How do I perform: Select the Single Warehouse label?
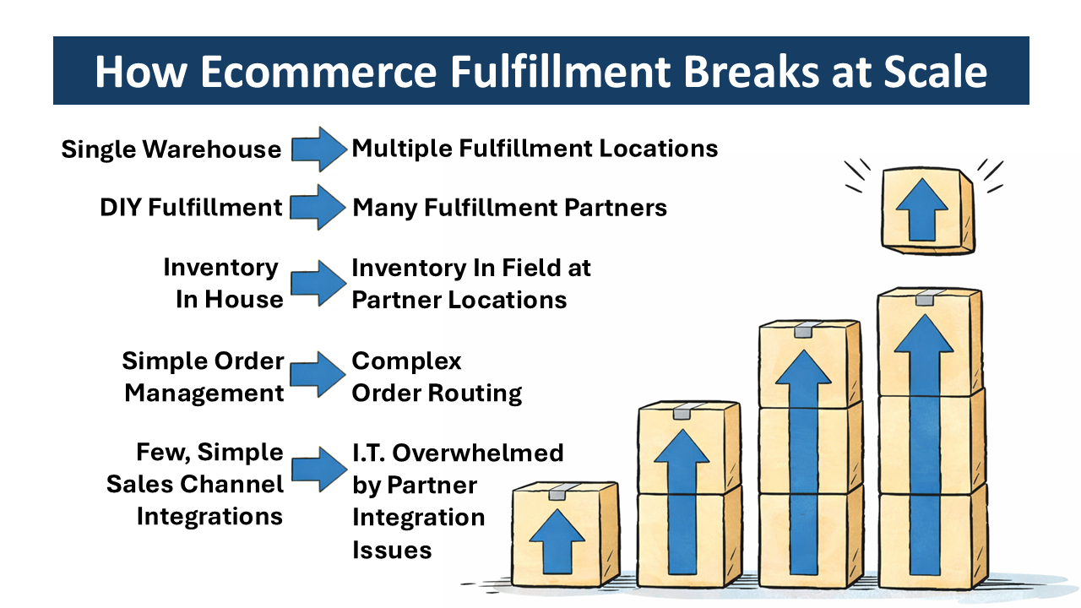click(171, 149)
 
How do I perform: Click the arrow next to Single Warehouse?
click(318, 149)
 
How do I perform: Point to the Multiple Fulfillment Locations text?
click(535, 149)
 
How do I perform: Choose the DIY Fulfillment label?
click(190, 208)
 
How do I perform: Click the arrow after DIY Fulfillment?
click(318, 208)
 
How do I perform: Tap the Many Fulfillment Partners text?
click(509, 208)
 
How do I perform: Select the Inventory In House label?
click(224, 284)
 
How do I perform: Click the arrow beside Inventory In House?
click(318, 284)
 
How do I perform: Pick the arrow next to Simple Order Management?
click(318, 376)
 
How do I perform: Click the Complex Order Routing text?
click(437, 377)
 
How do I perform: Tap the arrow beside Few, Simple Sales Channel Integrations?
click(318, 470)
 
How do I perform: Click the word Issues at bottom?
click(392, 551)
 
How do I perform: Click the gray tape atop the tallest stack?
click(927, 298)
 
